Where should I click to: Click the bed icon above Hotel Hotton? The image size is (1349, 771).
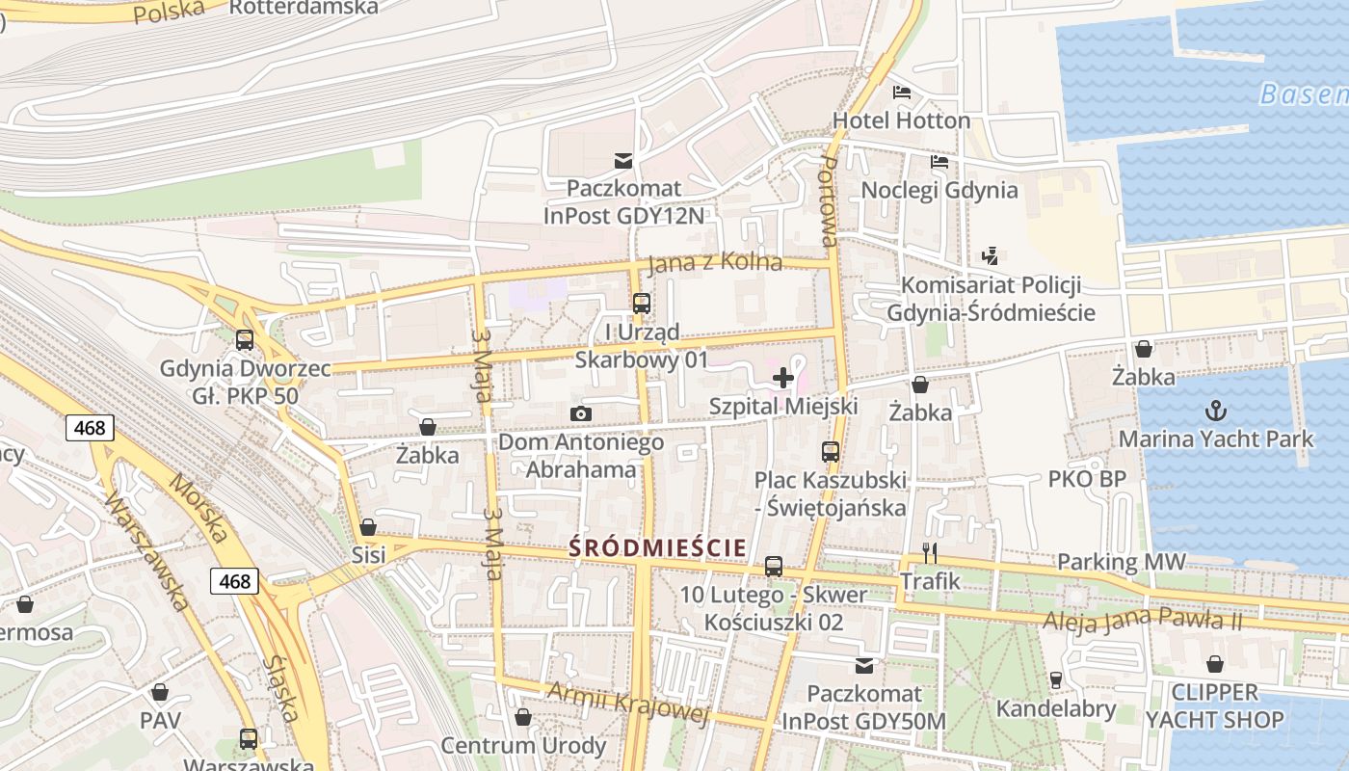pos(902,93)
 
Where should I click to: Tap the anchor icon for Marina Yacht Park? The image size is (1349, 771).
pos(1216,411)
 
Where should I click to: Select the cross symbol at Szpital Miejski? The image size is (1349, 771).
pos(783,378)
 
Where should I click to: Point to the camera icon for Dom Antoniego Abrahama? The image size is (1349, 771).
pos(580,414)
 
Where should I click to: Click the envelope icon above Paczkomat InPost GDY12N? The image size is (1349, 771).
pos(623,160)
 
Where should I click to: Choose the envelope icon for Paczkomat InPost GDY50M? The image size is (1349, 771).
pos(864,665)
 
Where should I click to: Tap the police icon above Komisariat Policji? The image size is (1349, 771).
pos(990,256)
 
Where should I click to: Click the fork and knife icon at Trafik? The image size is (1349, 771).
pos(930,552)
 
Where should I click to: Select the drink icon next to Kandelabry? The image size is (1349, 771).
pos(1056,680)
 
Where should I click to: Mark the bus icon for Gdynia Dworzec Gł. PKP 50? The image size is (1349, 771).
pos(245,340)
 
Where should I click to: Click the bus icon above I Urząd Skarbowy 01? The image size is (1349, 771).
pos(642,304)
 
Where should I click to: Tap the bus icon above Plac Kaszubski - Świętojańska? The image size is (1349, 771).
pos(830,451)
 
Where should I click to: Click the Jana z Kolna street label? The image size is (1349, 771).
pos(714,263)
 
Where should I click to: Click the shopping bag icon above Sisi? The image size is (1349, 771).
pos(368,527)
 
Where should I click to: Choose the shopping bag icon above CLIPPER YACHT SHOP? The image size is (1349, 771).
pos(1214,664)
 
